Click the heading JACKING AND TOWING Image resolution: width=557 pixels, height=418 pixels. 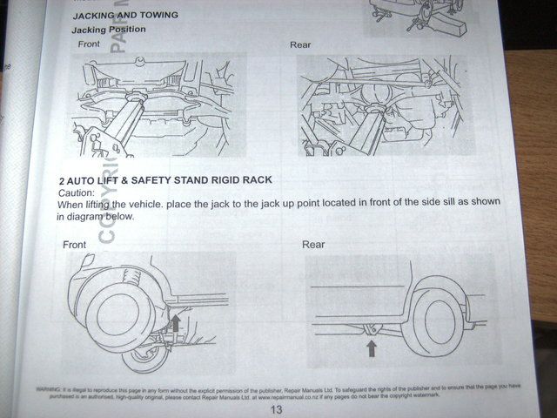point(127,16)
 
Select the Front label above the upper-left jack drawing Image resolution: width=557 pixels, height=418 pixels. point(89,44)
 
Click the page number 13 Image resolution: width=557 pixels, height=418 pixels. point(278,409)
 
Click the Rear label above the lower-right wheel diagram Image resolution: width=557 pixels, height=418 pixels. point(313,245)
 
